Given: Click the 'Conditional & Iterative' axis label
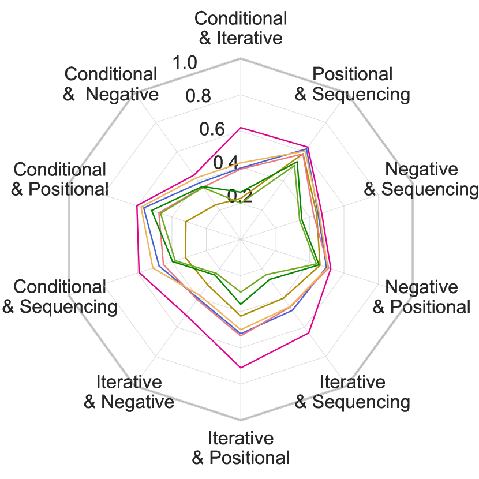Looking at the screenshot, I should [241, 28].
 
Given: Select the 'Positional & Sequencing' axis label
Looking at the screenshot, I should [352, 84].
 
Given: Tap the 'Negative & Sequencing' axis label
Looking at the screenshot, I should [421, 179].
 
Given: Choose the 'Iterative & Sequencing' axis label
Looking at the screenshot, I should [352, 392].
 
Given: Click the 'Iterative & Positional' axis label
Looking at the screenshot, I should [241, 448].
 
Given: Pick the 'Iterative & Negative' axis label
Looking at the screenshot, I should [129, 392].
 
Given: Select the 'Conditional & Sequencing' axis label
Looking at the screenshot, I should [60, 297].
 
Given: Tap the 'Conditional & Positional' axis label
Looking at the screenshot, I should [60, 179].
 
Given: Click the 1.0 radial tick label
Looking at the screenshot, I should [186, 62].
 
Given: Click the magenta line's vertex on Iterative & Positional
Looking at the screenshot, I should [241, 367].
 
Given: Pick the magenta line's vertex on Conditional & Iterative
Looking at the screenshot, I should [241, 128].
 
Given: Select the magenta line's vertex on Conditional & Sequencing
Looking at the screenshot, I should [139, 272].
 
